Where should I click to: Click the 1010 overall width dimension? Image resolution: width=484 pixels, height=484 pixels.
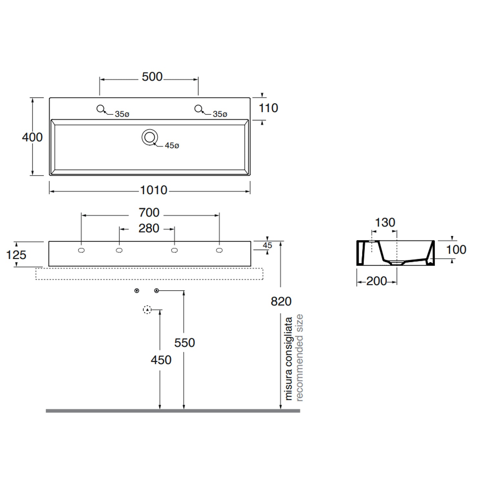pyautogui.click(x=154, y=190)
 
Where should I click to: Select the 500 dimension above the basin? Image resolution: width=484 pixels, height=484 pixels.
pyautogui.click(x=152, y=77)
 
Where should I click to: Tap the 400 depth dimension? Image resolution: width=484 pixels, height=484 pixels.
pyautogui.click(x=32, y=137)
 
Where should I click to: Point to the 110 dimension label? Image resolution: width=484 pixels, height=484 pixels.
pyautogui.click(x=268, y=108)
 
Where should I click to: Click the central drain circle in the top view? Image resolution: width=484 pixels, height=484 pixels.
pyautogui.click(x=149, y=137)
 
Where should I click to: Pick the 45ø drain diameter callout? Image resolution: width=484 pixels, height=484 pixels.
pyautogui.click(x=172, y=146)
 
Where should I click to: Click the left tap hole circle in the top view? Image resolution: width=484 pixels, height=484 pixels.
pyautogui.click(x=100, y=109)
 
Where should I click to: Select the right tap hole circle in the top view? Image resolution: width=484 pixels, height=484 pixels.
pyautogui.click(x=198, y=109)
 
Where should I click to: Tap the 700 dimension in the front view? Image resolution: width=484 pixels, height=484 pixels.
pyautogui.click(x=149, y=213)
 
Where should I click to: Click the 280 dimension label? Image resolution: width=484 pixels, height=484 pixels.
pyautogui.click(x=149, y=228)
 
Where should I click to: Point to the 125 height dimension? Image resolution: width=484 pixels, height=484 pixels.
pyautogui.click(x=16, y=255)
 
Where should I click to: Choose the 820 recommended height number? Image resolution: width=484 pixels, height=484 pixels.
pyautogui.click(x=281, y=301)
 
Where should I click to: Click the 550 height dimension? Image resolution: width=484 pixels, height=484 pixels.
pyautogui.click(x=185, y=343)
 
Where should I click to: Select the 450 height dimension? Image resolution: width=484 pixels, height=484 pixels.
pyautogui.click(x=161, y=360)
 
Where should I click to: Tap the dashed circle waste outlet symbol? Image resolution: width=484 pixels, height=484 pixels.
pyautogui.click(x=147, y=310)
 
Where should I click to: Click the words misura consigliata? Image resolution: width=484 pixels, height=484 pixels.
pyautogui.click(x=288, y=358)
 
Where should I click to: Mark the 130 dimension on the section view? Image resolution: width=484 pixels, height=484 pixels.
pyautogui.click(x=385, y=223)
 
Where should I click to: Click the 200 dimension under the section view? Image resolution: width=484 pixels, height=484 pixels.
pyautogui.click(x=377, y=281)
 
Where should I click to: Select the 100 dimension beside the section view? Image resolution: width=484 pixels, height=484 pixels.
pyautogui.click(x=456, y=250)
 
